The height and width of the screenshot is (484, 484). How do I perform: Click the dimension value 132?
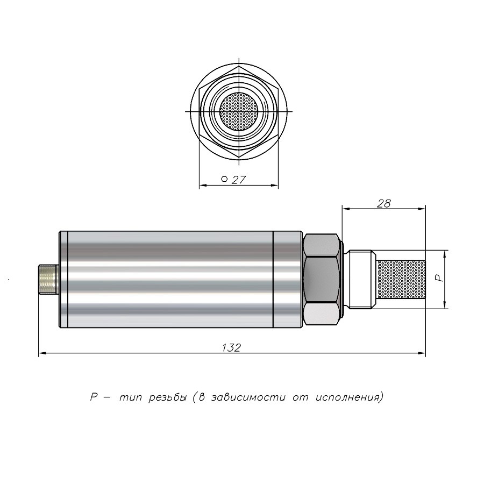(x=231, y=347)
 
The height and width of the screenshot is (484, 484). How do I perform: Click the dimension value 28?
(x=383, y=203)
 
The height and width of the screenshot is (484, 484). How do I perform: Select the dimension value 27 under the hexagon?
(x=238, y=180)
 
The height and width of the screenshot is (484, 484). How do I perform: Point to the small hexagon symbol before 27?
(x=224, y=179)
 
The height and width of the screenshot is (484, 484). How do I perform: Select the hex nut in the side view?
(x=322, y=279)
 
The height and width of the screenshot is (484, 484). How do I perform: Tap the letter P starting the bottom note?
(x=92, y=398)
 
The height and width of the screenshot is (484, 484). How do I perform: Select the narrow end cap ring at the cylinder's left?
(x=63, y=279)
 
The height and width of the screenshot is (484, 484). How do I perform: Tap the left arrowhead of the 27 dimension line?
(x=203, y=186)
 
